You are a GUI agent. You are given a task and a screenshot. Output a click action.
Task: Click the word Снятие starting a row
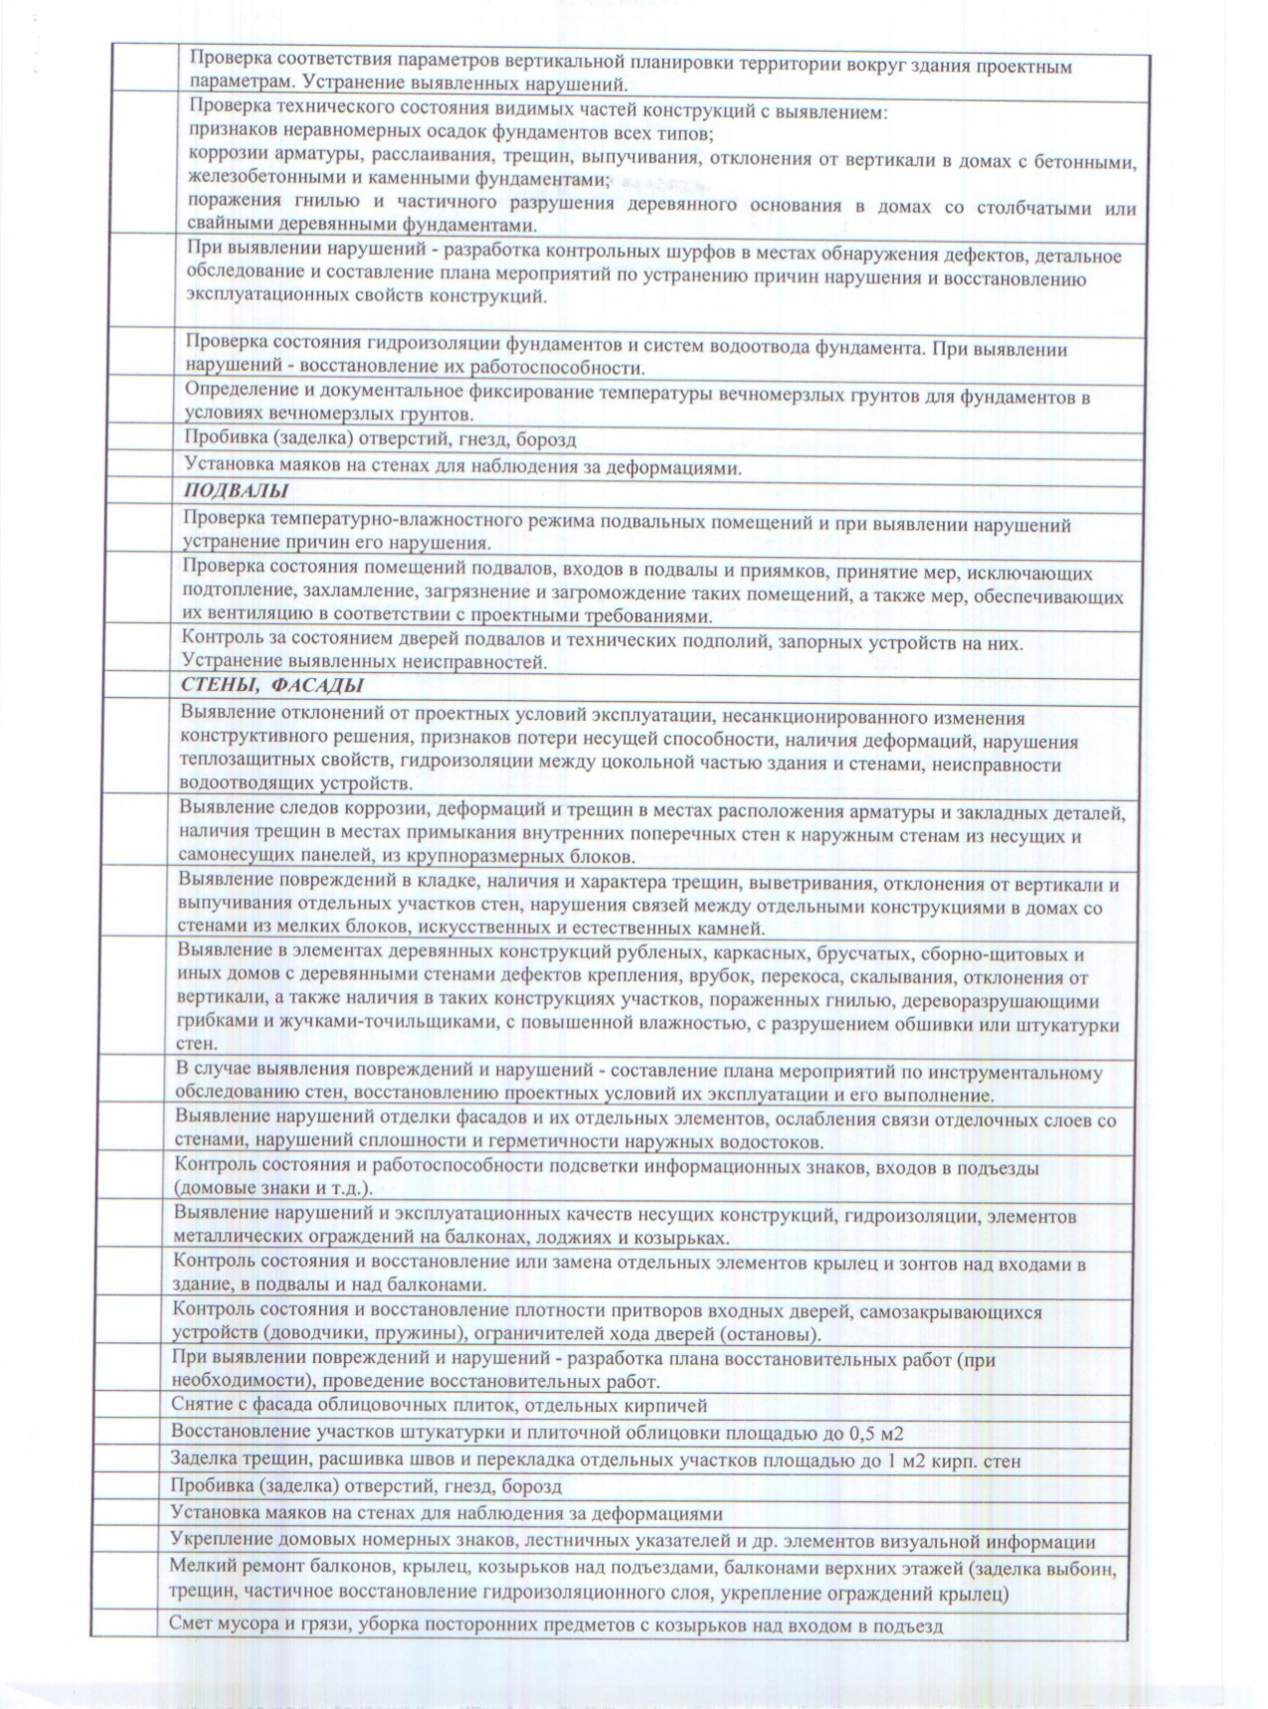[x=202, y=1405]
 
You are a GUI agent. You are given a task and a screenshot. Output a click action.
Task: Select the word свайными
[x=233, y=227]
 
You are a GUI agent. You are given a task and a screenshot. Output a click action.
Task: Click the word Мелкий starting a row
[x=201, y=1571]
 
